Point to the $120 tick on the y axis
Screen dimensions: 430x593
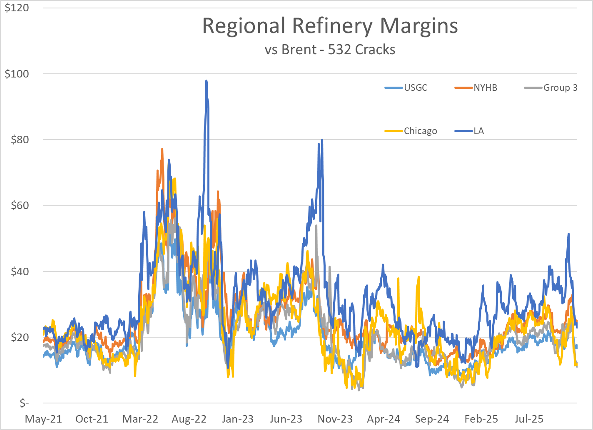pos(17,8)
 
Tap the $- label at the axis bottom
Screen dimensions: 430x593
pos(24,403)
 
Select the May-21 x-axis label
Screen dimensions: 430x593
pos(43,419)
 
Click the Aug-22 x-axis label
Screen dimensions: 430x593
pos(189,419)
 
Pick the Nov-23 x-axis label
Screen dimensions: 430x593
pos(335,419)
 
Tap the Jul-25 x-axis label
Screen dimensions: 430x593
pos(529,419)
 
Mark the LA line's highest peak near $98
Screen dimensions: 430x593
pos(206,81)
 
